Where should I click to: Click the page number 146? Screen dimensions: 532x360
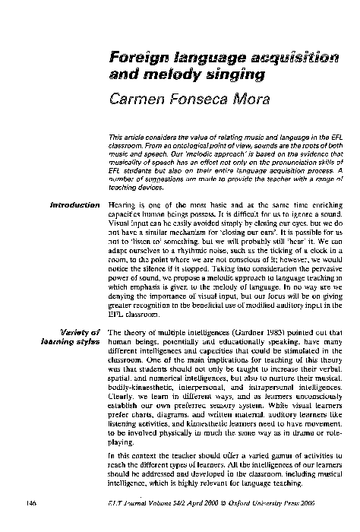tap(30, 502)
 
